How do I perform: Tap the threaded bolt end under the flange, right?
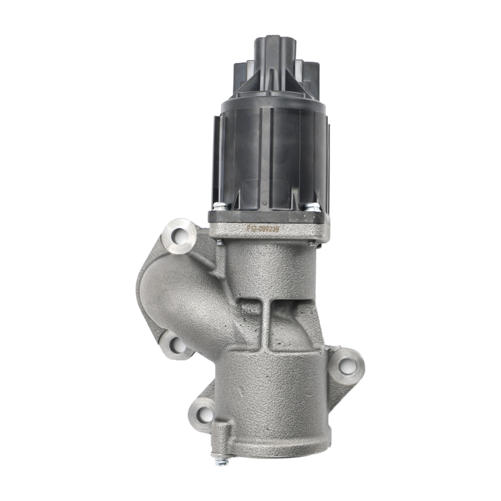313,243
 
